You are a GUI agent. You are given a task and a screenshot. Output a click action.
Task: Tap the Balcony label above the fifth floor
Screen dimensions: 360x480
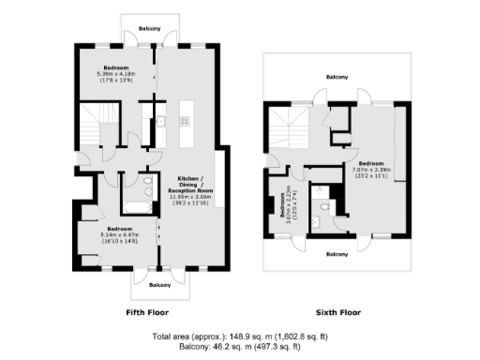[x=150, y=29]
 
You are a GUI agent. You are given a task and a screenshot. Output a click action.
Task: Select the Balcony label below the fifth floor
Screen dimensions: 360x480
[x=159, y=285]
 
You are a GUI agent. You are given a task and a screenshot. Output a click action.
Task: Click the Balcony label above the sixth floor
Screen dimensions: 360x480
[x=337, y=77]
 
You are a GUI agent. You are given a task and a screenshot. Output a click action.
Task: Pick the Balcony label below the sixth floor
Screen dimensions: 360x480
[x=337, y=254]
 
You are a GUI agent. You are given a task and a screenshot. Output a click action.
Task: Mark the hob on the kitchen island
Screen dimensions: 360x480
[x=185, y=121]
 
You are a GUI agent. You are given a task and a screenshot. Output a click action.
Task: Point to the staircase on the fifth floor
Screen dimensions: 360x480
[x=97, y=126]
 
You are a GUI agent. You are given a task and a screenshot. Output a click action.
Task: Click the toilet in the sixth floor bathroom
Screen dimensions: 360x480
[x=323, y=208]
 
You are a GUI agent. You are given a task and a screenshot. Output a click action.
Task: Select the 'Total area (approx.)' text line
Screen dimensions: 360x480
[x=241, y=336]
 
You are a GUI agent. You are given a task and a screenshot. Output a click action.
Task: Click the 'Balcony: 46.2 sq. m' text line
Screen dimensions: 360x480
[x=241, y=346]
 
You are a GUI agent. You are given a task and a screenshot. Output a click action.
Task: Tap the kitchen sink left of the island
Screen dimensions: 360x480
[x=160, y=121]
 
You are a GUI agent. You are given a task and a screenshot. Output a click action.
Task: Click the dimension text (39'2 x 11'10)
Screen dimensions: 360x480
[x=191, y=203]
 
